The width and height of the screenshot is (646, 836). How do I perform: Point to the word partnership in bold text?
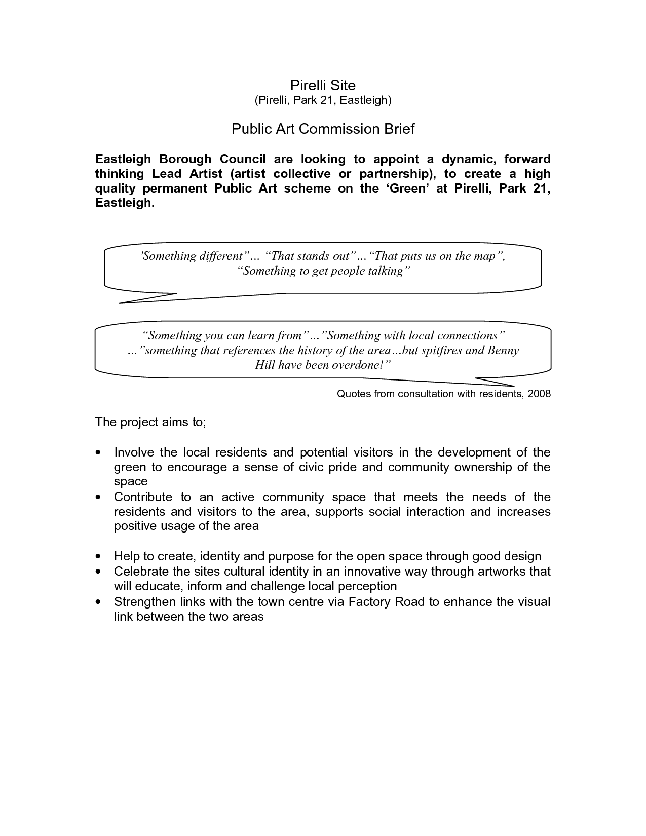pos(395,174)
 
